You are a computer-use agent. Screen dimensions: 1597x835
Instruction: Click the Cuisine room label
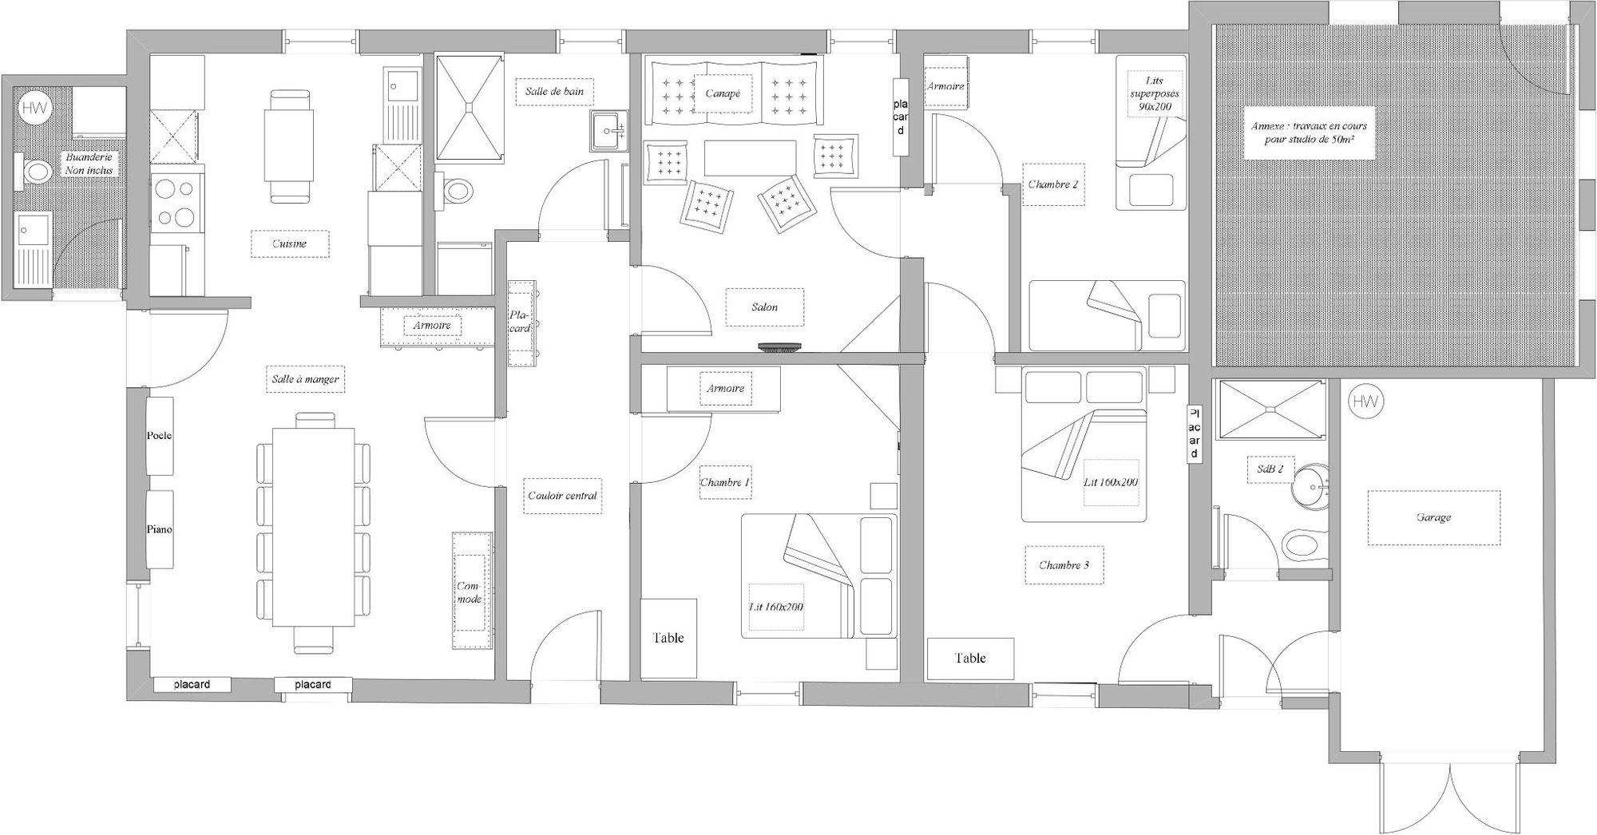pyautogui.click(x=289, y=243)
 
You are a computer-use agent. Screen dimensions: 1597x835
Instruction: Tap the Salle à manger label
pyautogui.click(x=305, y=379)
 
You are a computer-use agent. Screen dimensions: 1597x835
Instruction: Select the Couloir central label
pyautogui.click(x=563, y=496)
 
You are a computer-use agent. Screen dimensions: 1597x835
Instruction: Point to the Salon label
pyautogui.click(x=764, y=307)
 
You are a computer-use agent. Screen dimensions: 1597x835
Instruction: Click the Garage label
pyautogui.click(x=1433, y=517)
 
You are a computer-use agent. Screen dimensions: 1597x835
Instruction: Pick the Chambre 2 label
pyautogui.click(x=1053, y=184)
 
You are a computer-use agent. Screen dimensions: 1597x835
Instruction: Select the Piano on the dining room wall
pyautogui.click(x=160, y=529)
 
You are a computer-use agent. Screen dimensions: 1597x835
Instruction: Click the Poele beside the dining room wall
pyautogui.click(x=160, y=436)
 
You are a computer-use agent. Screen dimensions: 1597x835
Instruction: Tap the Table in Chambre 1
pyautogui.click(x=668, y=638)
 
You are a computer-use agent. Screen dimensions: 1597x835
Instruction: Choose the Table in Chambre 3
pyautogui.click(x=970, y=659)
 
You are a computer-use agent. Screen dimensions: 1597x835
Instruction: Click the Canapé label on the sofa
pyautogui.click(x=722, y=93)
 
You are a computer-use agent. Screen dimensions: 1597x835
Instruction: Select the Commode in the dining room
pyautogui.click(x=471, y=592)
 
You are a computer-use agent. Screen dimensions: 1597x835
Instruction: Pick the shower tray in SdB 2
pyautogui.click(x=1268, y=410)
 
